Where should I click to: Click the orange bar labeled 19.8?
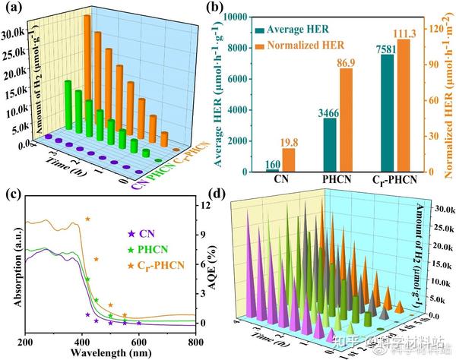pos(267,159)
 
